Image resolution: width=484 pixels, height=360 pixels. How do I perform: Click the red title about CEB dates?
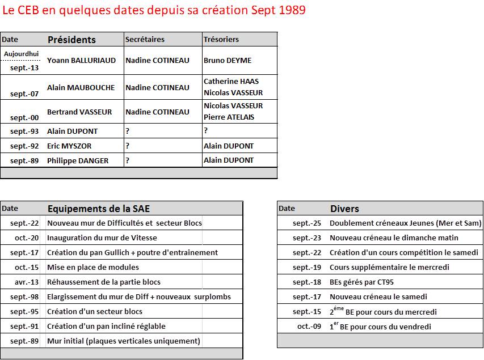pos(154,10)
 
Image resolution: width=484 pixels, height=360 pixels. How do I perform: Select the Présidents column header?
pos(71,40)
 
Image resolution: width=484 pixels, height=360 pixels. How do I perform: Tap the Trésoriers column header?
pos(221,40)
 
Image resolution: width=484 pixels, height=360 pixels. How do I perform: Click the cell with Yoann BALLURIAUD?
pos(81,60)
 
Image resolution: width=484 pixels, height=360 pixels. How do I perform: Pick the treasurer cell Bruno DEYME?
pos(227,60)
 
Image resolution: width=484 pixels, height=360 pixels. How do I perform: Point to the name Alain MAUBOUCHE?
pos(81,87)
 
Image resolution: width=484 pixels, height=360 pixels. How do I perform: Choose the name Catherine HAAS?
pos(231,82)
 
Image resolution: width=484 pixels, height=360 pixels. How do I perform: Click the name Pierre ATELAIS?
pos(229,117)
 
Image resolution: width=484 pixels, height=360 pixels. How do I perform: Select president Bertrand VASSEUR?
pos(79,112)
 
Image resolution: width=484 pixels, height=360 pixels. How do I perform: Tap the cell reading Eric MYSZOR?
pos(69,146)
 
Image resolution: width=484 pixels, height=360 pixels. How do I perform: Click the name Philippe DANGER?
pos(78,160)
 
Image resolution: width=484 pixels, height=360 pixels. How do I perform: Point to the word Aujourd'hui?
pos(21,54)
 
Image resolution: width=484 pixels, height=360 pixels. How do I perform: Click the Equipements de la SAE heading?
pos(99,209)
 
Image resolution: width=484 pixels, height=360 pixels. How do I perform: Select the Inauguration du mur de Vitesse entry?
pos(102,238)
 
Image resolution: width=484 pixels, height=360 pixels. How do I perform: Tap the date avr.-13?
pos(27,282)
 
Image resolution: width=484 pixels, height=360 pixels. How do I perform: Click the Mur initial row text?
pos(124,341)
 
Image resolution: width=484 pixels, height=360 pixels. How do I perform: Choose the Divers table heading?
pos(344,209)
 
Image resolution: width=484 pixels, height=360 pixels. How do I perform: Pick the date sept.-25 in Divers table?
pos(306,223)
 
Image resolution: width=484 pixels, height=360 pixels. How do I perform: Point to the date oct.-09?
pos(309,327)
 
